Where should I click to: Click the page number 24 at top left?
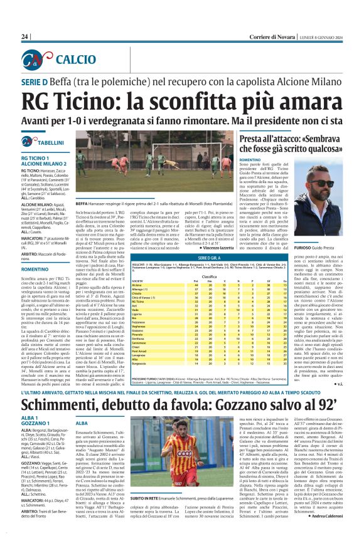(x=25, y=36)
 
